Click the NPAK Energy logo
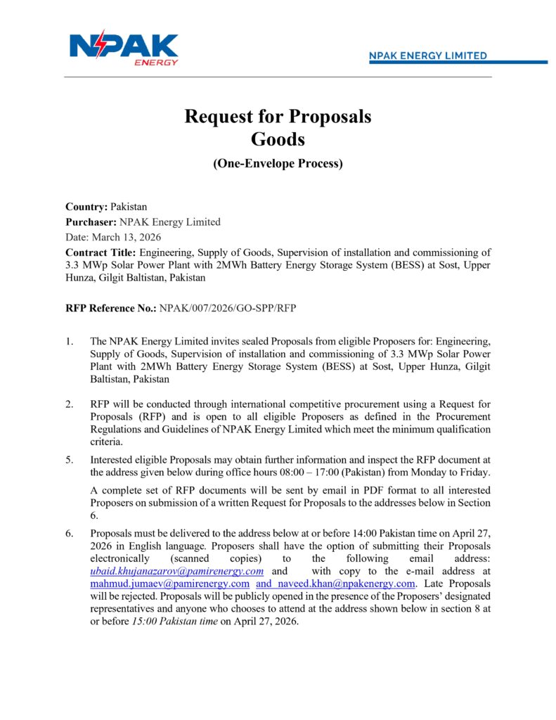coord(124,48)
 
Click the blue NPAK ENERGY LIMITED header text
coord(428,56)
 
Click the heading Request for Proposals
coord(278,116)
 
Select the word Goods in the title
coord(278,139)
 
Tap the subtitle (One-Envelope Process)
coord(278,164)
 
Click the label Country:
coord(86,207)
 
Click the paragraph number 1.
coord(70,342)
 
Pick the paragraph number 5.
coord(70,459)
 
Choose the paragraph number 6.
coord(70,534)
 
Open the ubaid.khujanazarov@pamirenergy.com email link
coord(177,571)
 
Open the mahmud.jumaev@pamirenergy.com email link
coord(170,584)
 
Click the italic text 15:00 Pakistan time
coord(174,622)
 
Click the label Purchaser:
coord(91,222)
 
